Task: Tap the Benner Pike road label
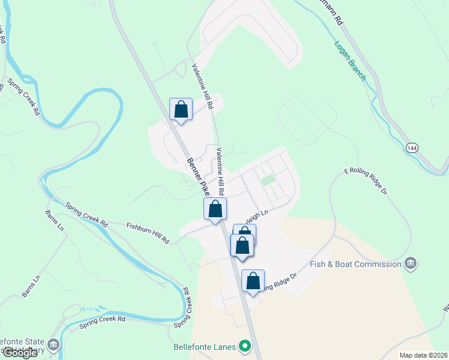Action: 197,176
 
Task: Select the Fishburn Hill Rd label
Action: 148,233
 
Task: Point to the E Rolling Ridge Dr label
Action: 364,181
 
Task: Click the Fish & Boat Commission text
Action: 355,265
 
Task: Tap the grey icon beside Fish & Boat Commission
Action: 411,263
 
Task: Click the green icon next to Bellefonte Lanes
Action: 244,346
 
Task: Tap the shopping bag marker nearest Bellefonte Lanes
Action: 253,281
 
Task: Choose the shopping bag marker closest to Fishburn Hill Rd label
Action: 215,209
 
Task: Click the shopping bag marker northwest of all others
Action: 181,110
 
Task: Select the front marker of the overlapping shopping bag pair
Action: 242,245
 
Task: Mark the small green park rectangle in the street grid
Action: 268,179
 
